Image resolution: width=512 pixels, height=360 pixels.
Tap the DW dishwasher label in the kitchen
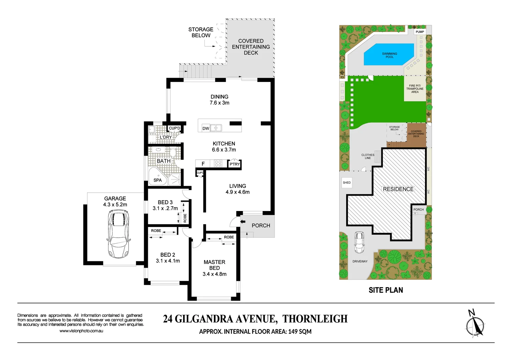[x=206, y=128]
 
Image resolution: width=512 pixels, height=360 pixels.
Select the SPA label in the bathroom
[x=157, y=180]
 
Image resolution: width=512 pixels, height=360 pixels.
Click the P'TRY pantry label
[x=234, y=164]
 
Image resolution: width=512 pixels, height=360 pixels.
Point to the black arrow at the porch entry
[x=243, y=221]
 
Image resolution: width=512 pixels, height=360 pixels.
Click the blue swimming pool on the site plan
[x=389, y=55]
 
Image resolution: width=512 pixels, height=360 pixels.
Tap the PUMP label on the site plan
[x=420, y=32]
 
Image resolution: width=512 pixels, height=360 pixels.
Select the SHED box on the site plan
[x=347, y=183]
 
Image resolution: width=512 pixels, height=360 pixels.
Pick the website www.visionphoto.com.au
[x=81, y=331]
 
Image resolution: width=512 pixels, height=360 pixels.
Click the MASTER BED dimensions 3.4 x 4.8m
[x=214, y=274]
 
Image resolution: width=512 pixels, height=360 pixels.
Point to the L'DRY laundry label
[x=166, y=137]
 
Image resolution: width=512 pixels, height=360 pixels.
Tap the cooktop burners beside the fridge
[x=218, y=163]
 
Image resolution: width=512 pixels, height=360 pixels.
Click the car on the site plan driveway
[x=359, y=242]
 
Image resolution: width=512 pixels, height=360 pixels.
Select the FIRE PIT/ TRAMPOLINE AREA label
[x=415, y=89]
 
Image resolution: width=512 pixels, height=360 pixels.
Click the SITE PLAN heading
[x=386, y=290]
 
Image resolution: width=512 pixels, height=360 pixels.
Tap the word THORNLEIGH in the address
[x=315, y=319]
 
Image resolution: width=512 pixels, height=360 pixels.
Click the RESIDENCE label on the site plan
[x=398, y=189]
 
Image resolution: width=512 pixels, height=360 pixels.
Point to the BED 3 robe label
[x=185, y=218]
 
